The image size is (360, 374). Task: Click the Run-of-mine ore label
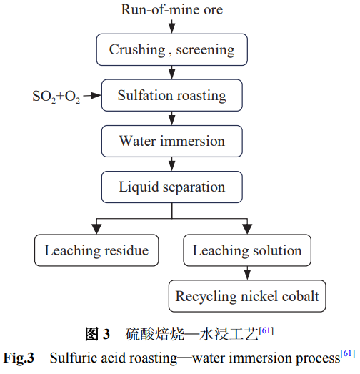[172, 10]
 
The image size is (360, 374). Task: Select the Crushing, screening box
[171, 49]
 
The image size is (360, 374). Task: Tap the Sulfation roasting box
[171, 95]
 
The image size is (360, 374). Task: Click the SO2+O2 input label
[56, 97]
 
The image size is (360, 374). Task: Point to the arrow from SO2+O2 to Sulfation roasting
[92, 96]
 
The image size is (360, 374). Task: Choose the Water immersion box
[171, 141]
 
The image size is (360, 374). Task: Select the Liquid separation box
[171, 187]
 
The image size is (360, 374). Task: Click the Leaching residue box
[96, 250]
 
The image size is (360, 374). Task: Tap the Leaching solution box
[247, 250]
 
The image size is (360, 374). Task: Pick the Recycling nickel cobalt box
[247, 296]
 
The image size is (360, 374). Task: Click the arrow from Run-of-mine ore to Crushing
[171, 26]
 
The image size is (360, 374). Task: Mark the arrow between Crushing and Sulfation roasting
[171, 72]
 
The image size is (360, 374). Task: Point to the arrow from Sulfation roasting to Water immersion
[171, 118]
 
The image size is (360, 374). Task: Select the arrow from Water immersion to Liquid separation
[171, 164]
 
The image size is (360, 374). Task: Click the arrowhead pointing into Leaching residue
[96, 230]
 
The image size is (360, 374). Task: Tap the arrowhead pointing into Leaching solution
[247, 230]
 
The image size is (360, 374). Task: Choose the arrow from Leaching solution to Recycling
[247, 273]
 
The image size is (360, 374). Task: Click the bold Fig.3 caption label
[19, 358]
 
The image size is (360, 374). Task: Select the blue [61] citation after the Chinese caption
[266, 331]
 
